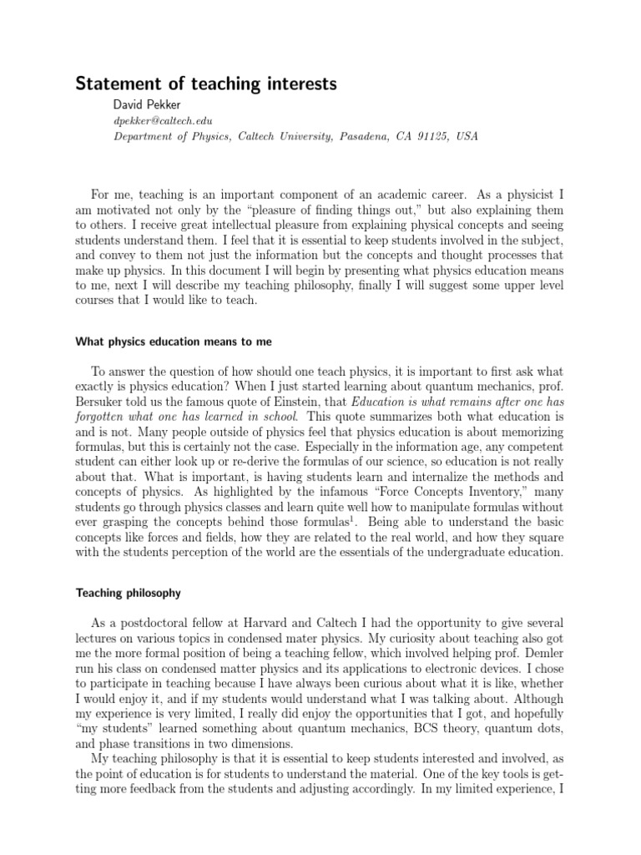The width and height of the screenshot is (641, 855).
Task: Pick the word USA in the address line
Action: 467,136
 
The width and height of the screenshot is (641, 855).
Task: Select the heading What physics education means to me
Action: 174,341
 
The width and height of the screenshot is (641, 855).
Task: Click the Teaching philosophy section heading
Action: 129,593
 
